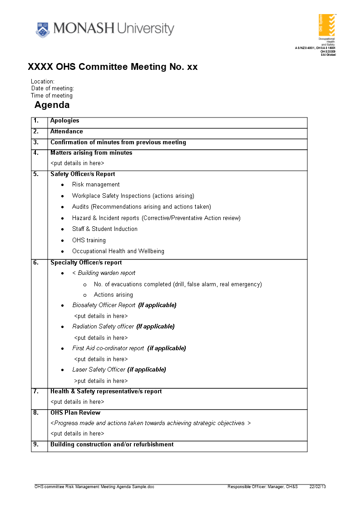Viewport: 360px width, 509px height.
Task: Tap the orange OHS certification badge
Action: click(327, 25)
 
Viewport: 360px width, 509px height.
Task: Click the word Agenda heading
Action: click(52, 105)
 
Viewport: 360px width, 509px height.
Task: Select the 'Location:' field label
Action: click(43, 82)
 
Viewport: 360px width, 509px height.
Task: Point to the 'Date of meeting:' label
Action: click(53, 88)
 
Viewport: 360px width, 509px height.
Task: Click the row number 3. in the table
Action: click(36, 142)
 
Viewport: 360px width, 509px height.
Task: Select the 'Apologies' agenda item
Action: click(64, 121)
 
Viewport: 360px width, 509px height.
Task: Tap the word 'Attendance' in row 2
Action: click(66, 132)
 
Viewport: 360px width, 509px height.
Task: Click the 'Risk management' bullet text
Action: click(96, 185)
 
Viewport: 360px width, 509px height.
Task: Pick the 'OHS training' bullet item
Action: click(89, 240)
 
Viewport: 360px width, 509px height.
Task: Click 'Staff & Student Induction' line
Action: click(104, 229)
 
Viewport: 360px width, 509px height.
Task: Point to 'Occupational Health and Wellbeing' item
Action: click(118, 251)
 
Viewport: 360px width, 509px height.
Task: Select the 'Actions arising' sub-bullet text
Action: click(113, 295)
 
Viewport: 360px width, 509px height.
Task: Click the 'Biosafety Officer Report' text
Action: click(104, 305)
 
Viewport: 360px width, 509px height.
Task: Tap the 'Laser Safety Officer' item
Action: click(99, 370)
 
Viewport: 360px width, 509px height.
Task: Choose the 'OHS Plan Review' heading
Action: click(75, 413)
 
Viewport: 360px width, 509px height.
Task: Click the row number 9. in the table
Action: click(36, 445)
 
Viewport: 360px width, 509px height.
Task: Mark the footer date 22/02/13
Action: click(318, 487)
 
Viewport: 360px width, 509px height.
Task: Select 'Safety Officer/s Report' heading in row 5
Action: click(83, 174)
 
